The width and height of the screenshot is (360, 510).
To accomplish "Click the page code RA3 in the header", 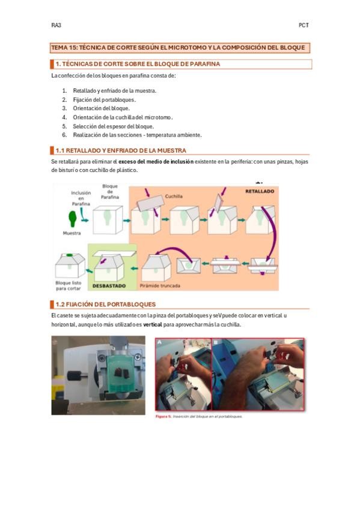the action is pyautogui.click(x=56, y=25).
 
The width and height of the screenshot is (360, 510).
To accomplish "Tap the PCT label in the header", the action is pyautogui.click(x=304, y=25).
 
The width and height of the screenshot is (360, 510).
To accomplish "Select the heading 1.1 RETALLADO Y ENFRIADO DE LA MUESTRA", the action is pyautogui.click(x=121, y=150).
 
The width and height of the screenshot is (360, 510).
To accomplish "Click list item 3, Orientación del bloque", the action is pyautogui.click(x=101, y=108).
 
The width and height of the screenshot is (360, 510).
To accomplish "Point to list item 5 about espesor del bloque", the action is pyautogui.click(x=113, y=126).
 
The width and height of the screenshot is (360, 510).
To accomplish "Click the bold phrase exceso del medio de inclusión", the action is pyautogui.click(x=156, y=162).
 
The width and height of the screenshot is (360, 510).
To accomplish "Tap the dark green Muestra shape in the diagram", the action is pyautogui.click(x=72, y=218).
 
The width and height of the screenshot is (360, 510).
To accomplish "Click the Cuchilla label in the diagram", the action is pyautogui.click(x=174, y=196).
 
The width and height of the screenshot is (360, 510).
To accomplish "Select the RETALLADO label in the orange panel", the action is pyautogui.click(x=260, y=191).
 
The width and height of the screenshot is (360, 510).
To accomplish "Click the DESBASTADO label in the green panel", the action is pyautogui.click(x=109, y=286).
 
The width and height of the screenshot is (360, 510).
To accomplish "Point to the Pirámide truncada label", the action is pyautogui.click(x=160, y=286).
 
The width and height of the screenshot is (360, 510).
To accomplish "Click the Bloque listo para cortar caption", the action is pyautogui.click(x=69, y=286).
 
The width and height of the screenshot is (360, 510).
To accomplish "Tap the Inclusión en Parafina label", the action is pyautogui.click(x=81, y=198).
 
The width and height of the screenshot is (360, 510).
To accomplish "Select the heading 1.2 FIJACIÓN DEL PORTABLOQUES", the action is pyautogui.click(x=106, y=304).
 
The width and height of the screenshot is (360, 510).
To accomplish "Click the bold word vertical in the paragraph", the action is pyautogui.click(x=153, y=324).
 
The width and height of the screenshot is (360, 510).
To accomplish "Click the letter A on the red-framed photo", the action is pyautogui.click(x=159, y=342).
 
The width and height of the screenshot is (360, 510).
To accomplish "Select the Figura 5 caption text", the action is pyautogui.click(x=199, y=416).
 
